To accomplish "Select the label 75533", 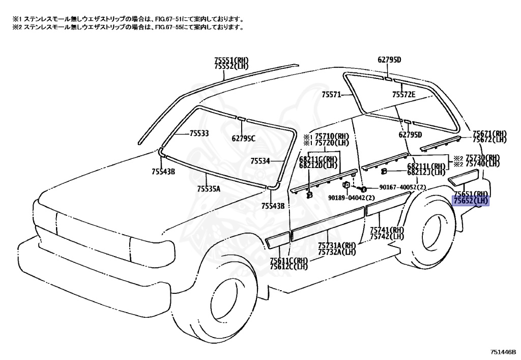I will (x=199, y=133).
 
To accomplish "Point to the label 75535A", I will (x=209, y=189).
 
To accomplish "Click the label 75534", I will (x=260, y=161).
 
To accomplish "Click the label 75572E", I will (x=403, y=94).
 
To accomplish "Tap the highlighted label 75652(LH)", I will (x=471, y=201).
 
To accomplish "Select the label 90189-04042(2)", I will (x=352, y=198).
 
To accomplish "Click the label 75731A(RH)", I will (x=337, y=245).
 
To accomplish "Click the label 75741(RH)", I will (x=387, y=230).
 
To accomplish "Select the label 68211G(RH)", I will (x=319, y=159).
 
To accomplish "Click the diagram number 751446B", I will (x=503, y=352).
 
